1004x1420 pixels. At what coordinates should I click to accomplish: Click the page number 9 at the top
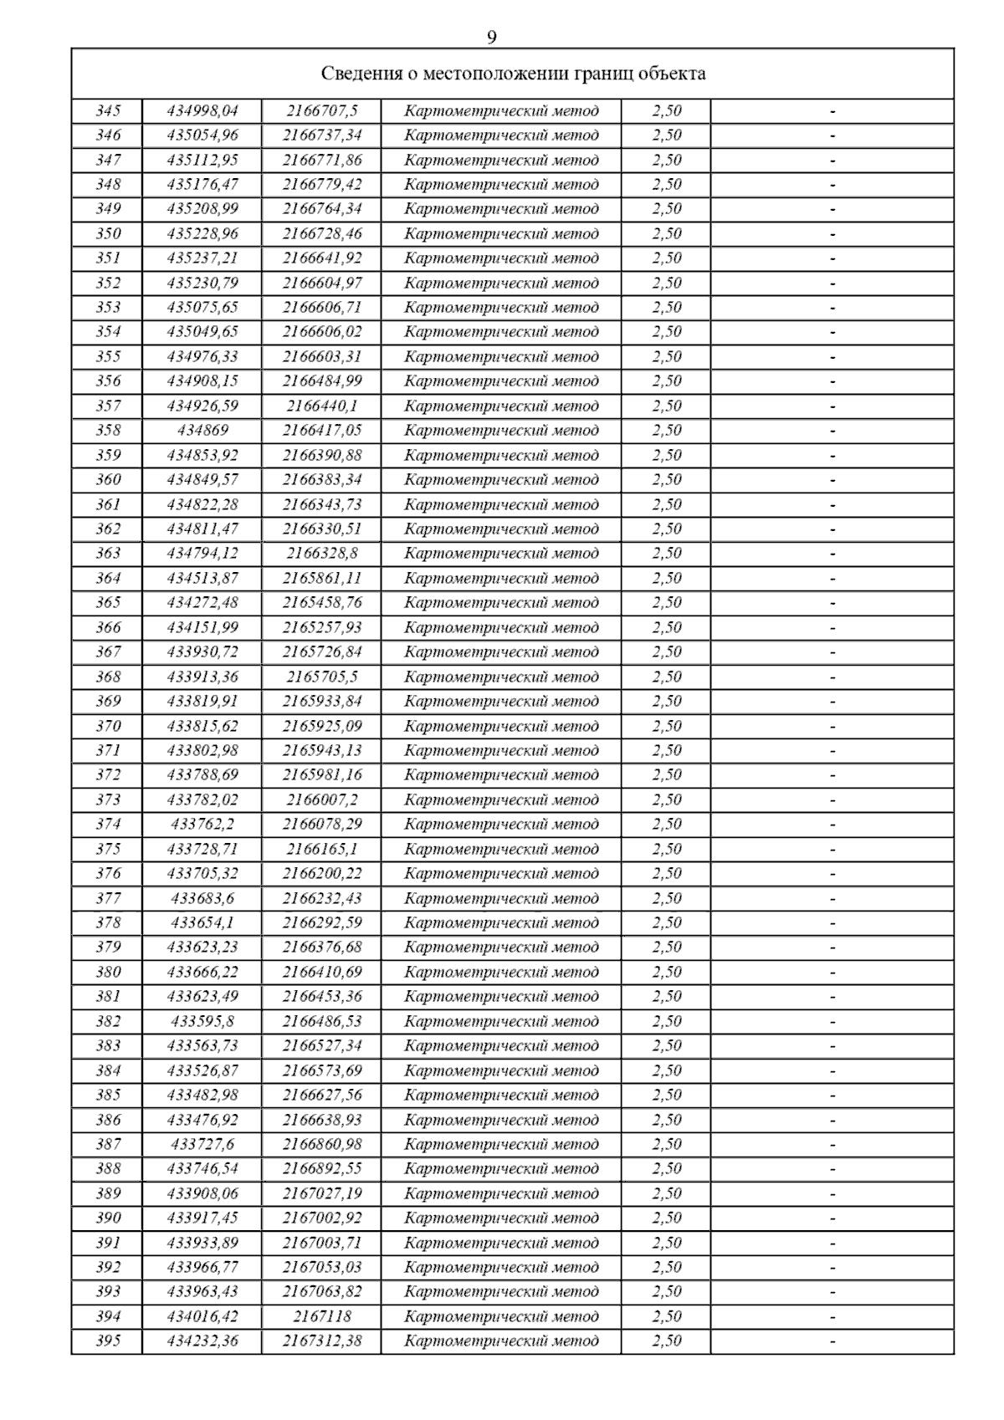491,38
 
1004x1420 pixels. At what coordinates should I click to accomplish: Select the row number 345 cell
108,110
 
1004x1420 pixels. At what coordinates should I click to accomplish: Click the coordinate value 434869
202,431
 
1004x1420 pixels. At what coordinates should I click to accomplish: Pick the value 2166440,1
322,406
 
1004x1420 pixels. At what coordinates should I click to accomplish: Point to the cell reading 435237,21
202,258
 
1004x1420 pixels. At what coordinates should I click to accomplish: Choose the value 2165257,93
322,627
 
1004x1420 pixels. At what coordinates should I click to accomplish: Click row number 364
108,578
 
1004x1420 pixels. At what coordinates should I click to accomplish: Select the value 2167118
322,1316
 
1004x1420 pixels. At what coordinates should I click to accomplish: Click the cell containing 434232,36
202,1341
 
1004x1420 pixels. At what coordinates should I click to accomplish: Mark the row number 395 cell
108,1341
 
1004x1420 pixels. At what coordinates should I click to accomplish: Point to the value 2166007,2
322,799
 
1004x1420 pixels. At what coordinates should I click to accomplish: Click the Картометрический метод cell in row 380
501,972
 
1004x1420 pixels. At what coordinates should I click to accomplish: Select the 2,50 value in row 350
667,233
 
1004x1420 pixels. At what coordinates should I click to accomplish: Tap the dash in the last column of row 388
832,1169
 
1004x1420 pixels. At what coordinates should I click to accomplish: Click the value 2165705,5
322,677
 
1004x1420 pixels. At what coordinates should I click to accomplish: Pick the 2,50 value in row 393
667,1291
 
